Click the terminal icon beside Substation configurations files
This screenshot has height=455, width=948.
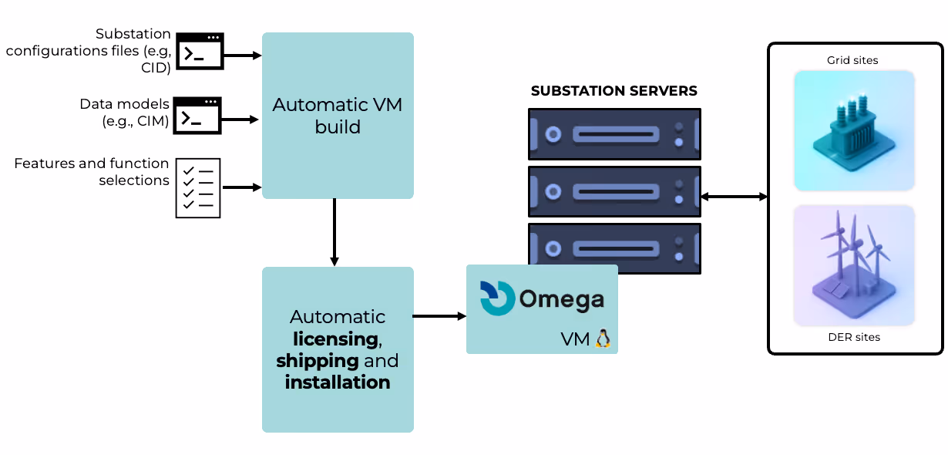tap(200, 52)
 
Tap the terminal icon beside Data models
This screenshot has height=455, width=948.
tap(197, 116)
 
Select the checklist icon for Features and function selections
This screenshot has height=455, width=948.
tap(198, 187)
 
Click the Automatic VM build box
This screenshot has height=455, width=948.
tap(338, 116)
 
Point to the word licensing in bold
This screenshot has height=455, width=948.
tap(335, 339)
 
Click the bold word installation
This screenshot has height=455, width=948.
tap(338, 382)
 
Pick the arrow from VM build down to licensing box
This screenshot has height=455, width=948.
tap(334, 232)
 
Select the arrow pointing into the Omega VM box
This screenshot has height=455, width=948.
tap(439, 316)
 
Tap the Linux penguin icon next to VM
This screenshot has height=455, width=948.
tap(603, 339)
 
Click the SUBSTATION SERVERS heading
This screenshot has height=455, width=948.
tap(614, 91)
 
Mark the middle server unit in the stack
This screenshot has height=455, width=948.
tap(614, 191)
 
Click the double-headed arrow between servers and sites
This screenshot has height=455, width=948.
tap(734, 197)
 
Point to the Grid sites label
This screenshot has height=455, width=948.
tap(852, 60)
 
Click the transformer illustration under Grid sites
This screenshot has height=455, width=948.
tap(854, 131)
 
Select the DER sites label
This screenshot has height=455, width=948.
tap(854, 337)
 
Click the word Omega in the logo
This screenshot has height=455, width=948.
tap(561, 300)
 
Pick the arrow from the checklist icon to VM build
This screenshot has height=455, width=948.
tap(241, 187)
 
